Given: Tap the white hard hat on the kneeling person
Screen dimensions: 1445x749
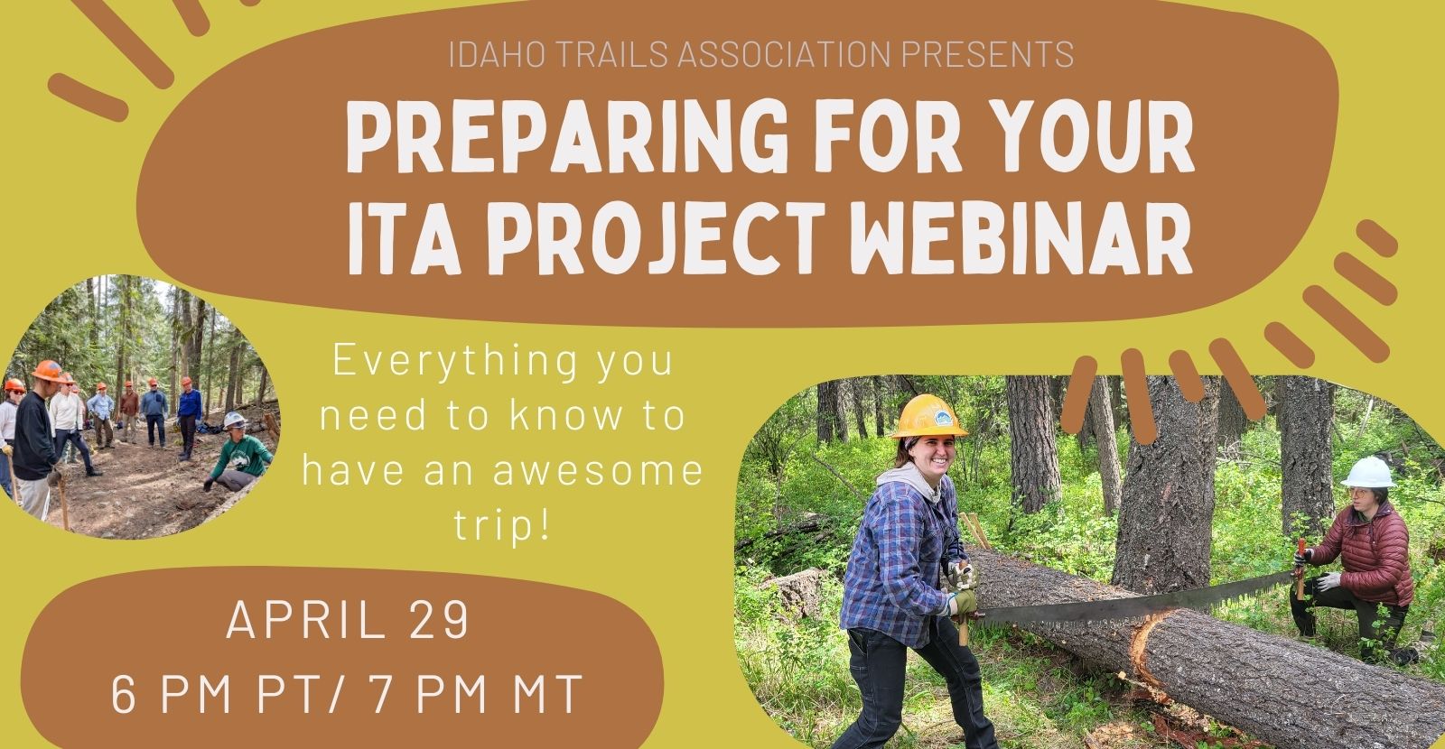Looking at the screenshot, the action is pyautogui.click(x=1368, y=473).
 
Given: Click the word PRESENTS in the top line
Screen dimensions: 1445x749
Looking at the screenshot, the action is pyautogui.click(x=987, y=54).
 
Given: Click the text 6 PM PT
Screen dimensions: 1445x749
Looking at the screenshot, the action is pyautogui.click(x=216, y=695).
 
